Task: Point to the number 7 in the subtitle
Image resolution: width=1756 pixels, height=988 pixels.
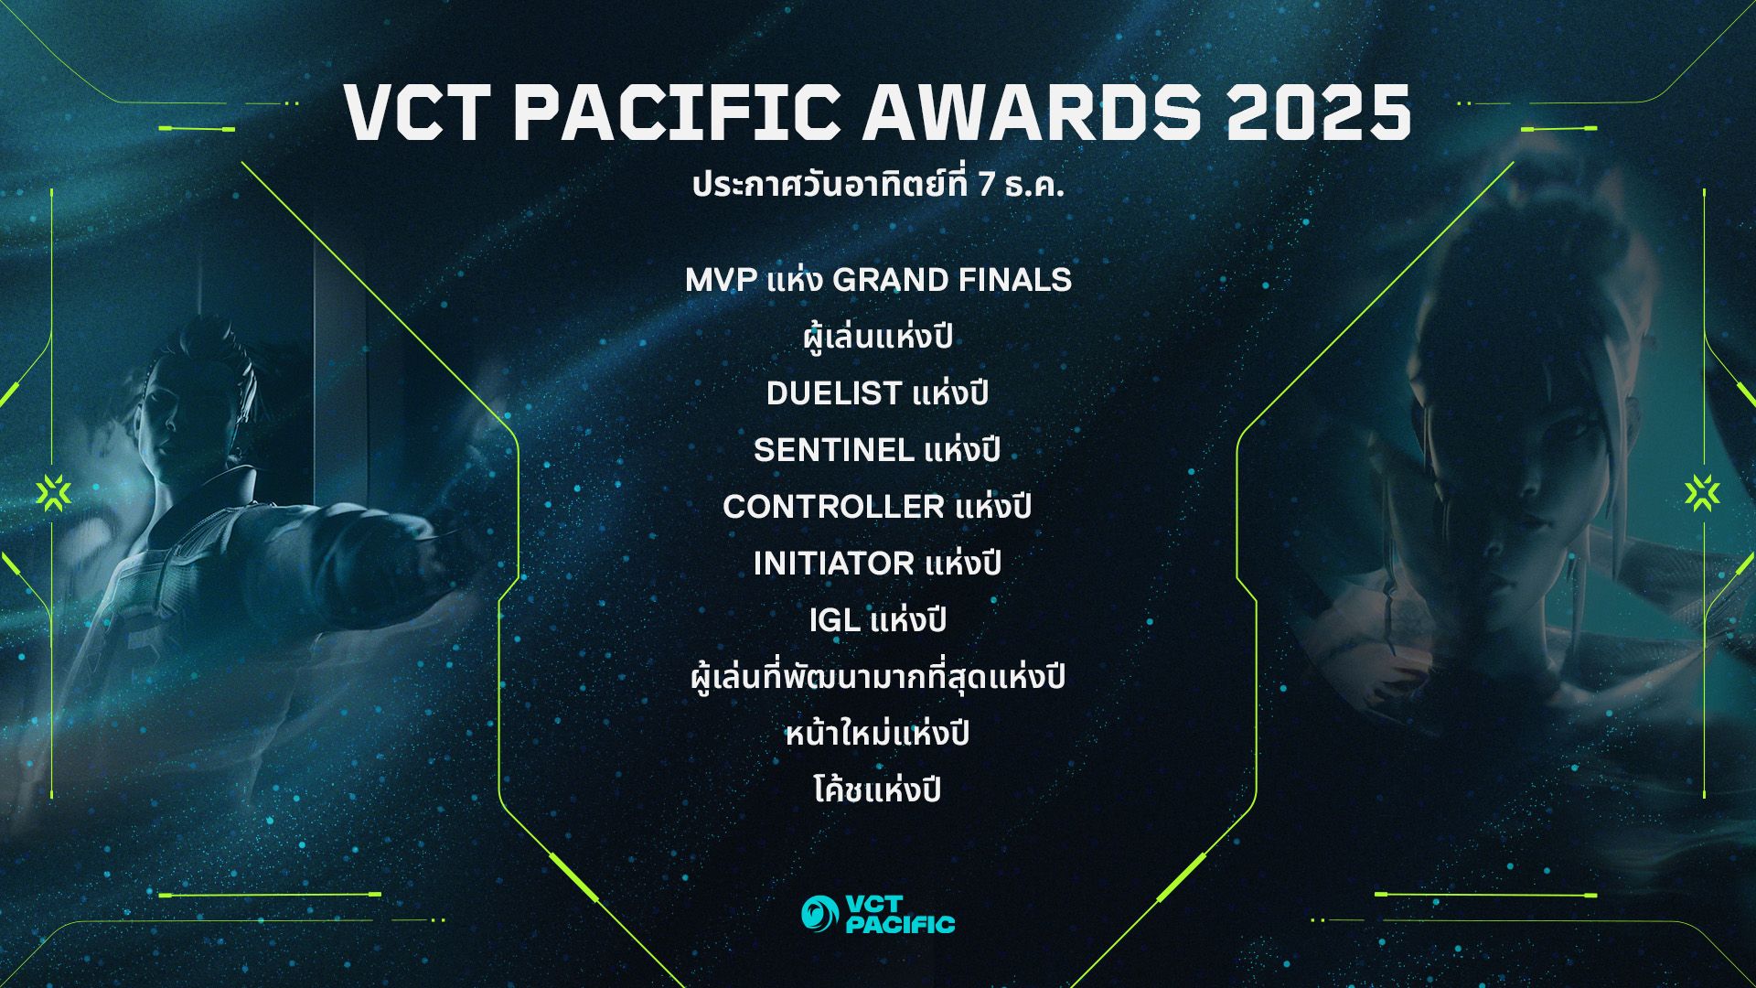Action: coord(986,187)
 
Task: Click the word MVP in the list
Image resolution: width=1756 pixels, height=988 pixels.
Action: coord(722,280)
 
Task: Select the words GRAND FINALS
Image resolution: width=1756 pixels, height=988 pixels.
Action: coord(952,280)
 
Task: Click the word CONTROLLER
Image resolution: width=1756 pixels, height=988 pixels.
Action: coord(833,507)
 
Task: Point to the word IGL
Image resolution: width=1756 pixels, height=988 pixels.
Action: coord(834,620)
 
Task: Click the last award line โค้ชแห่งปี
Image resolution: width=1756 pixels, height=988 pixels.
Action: coord(877,789)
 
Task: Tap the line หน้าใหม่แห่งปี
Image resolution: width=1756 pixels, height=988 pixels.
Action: coord(877,732)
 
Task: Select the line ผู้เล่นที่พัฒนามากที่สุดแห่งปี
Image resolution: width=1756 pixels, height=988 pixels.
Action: coord(877,677)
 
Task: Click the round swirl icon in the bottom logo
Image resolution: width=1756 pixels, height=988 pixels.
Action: coord(819,913)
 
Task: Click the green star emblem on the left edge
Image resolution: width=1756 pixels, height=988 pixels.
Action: coord(53,493)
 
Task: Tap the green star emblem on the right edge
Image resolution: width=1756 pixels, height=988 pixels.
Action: coord(1702,493)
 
